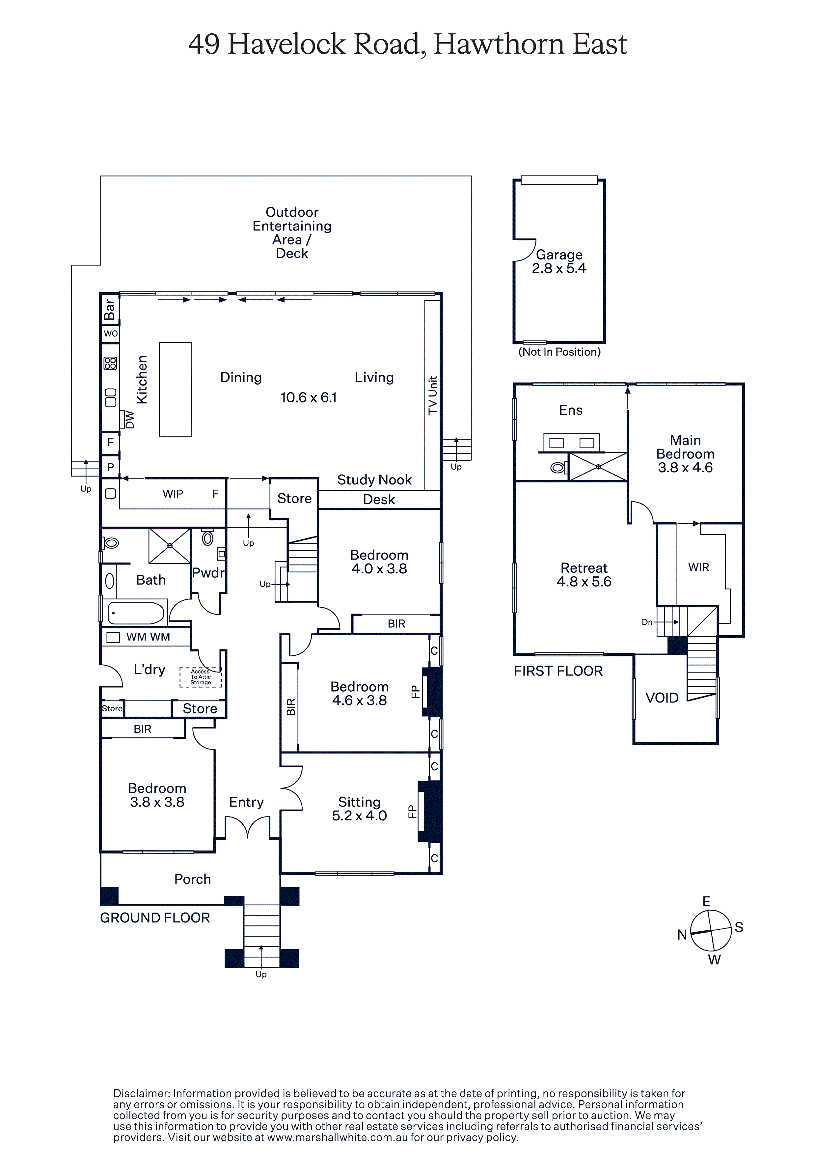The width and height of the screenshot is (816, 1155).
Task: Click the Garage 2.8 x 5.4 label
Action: (559, 261)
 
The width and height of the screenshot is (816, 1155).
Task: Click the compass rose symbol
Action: (710, 931)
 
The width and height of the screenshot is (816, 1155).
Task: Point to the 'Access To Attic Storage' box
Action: (201, 677)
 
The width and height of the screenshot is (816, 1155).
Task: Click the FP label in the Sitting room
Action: (412, 811)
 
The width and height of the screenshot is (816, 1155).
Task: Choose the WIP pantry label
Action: (173, 494)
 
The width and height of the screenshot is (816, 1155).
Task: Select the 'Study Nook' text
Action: (374, 480)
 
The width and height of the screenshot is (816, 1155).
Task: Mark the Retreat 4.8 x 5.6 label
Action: (584, 575)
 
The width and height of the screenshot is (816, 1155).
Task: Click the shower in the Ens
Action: (598, 467)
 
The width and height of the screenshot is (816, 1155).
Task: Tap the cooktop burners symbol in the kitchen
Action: (110, 363)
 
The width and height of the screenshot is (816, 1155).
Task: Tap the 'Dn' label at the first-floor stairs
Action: (647, 622)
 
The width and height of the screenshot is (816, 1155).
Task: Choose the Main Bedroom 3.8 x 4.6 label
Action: (685, 454)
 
